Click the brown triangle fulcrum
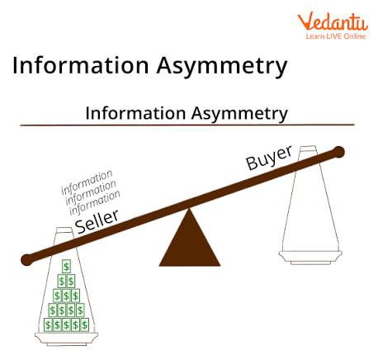coord(189,242)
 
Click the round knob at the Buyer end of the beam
coord(338,152)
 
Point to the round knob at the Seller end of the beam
coord(27,259)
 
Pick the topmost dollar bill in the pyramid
coord(67,267)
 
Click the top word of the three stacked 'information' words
coord(87,182)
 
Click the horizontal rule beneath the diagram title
coord(189,125)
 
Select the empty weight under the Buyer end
coord(310,206)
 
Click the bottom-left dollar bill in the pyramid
coord(50,325)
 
